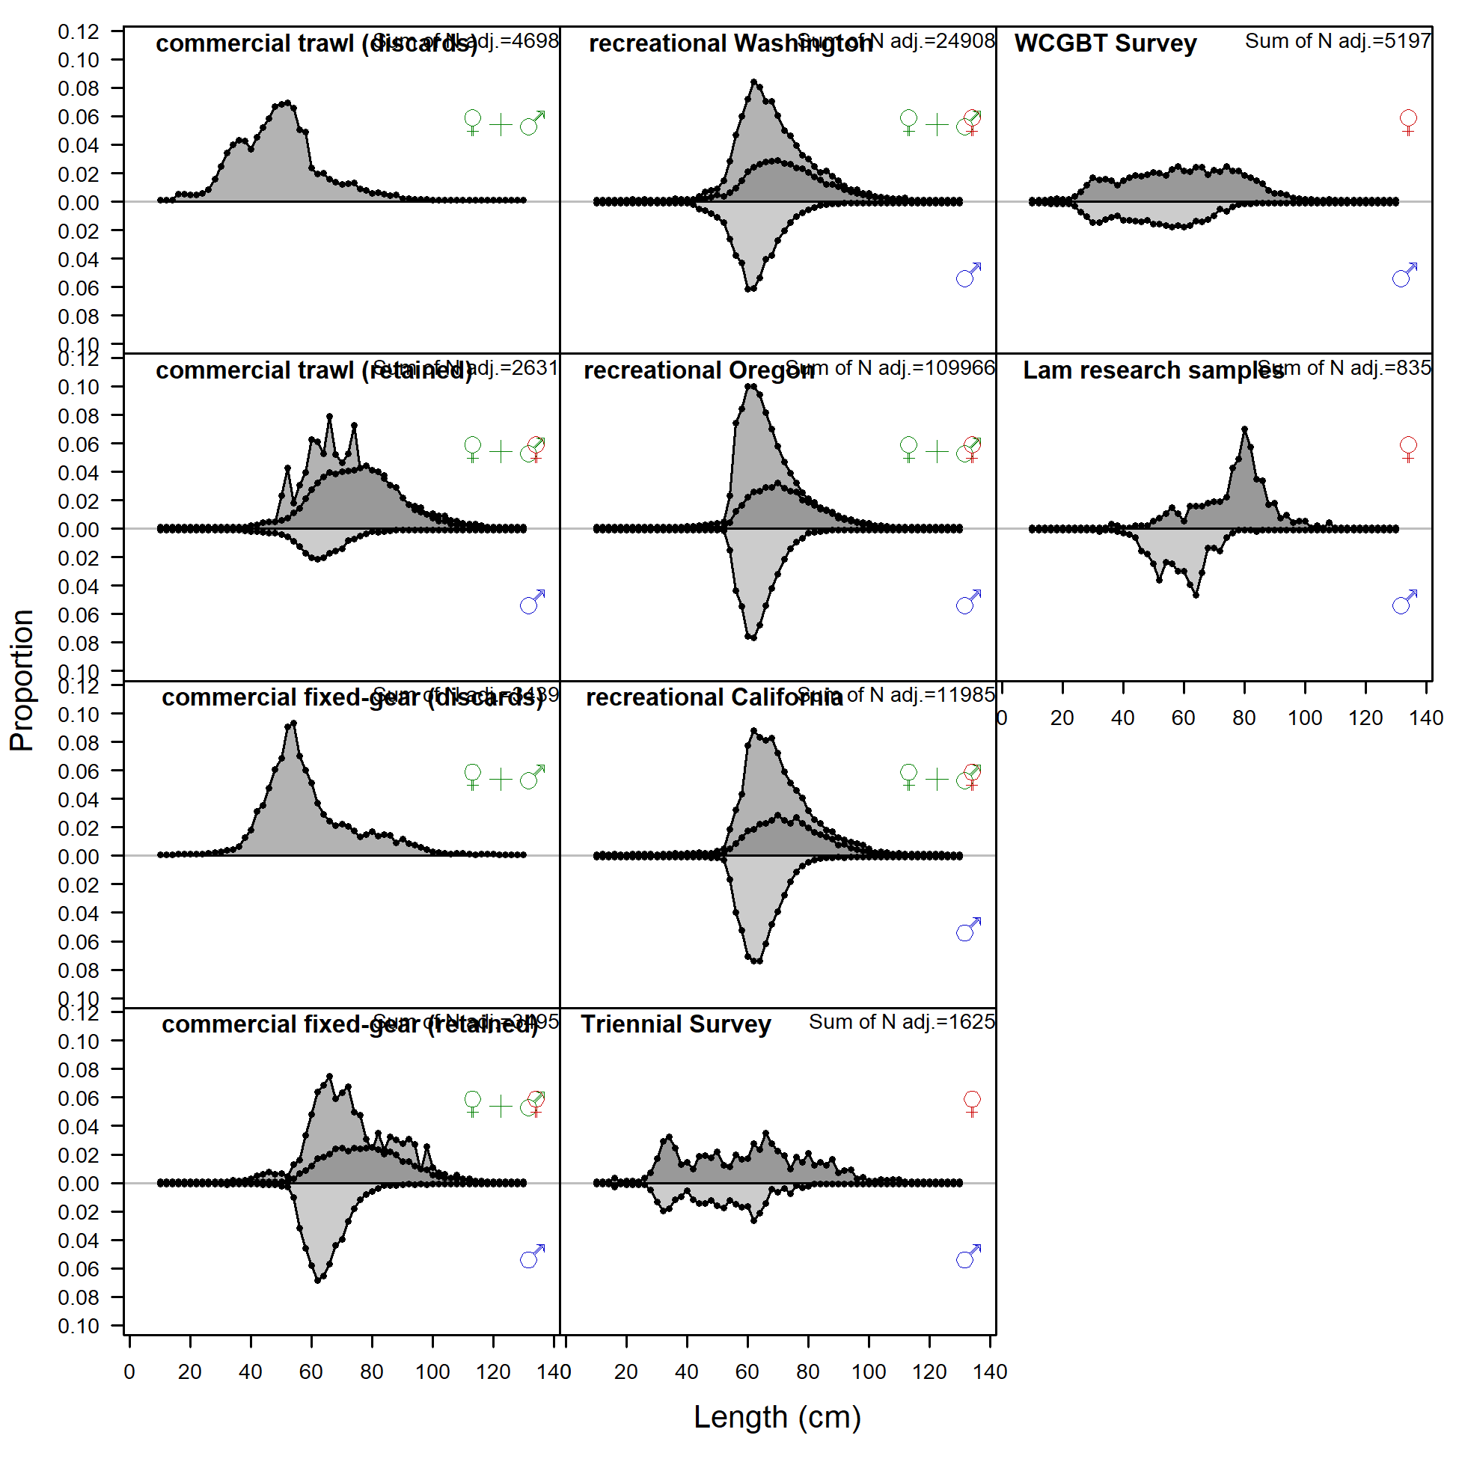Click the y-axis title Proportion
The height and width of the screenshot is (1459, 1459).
pyautogui.click(x=22, y=679)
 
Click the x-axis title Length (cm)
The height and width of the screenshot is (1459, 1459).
pyautogui.click(x=777, y=1416)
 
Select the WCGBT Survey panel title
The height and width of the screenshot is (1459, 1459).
pyautogui.click(x=1105, y=44)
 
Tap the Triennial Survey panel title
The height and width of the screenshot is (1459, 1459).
pyautogui.click(x=675, y=1024)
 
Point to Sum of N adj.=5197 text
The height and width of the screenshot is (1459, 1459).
pyautogui.click(x=1336, y=41)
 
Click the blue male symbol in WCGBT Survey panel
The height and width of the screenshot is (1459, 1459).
pyautogui.click(x=1404, y=275)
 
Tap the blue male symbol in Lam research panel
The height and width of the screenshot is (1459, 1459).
pyautogui.click(x=1404, y=602)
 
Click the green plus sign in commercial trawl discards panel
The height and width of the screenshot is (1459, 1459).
pyautogui.click(x=501, y=125)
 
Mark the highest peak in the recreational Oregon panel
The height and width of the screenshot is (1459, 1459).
pyautogui.click(x=750, y=386)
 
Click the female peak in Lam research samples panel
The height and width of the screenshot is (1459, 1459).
pyautogui.click(x=1244, y=429)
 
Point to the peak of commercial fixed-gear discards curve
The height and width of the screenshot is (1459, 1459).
pyautogui.click(x=293, y=724)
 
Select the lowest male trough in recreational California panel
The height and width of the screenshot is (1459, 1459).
pyautogui.click(x=754, y=961)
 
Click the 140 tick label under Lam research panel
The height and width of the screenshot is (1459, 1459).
pyautogui.click(x=1426, y=718)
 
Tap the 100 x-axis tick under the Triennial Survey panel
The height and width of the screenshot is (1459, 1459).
pyautogui.click(x=869, y=1372)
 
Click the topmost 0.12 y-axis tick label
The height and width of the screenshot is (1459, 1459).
pyautogui.click(x=79, y=31)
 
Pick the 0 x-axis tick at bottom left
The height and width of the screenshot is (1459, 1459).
pyautogui.click(x=129, y=1372)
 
